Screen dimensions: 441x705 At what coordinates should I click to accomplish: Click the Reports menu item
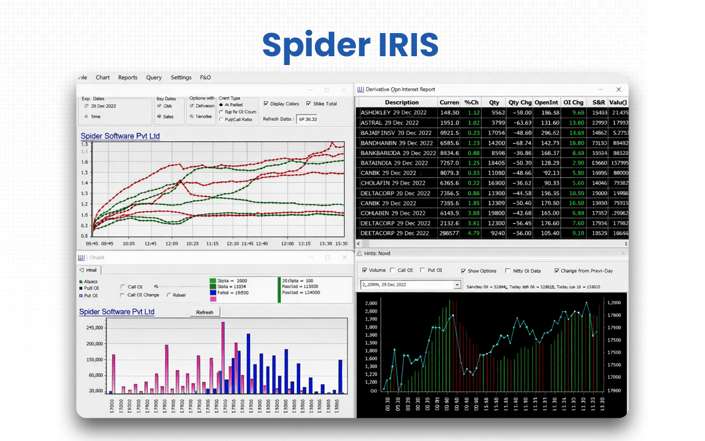pos(128,78)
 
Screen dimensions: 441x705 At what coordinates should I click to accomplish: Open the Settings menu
pos(181,78)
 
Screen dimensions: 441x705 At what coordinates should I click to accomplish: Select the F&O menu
pos(205,78)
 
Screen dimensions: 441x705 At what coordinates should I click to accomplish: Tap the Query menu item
pos(154,78)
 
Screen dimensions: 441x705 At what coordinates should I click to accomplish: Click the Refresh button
pos(204,312)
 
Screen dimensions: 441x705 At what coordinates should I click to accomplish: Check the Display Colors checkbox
pos(267,104)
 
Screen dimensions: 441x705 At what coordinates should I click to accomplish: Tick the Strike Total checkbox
pos(309,104)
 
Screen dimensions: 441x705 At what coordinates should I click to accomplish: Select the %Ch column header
pos(471,103)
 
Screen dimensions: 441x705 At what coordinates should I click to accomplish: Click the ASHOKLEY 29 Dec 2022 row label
pos(394,112)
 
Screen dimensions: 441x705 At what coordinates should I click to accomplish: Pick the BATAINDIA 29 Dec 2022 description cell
pos(394,163)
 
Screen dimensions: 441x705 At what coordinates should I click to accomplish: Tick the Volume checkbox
pos(365,271)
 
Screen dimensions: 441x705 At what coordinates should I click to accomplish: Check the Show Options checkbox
pos(464,271)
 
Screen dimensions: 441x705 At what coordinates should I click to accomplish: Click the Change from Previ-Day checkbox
pos(557,271)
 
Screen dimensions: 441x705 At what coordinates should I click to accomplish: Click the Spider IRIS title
pos(350,45)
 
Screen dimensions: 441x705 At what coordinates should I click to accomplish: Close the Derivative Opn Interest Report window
pos(619,89)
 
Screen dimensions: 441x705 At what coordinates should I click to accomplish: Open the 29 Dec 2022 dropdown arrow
pos(457,284)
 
